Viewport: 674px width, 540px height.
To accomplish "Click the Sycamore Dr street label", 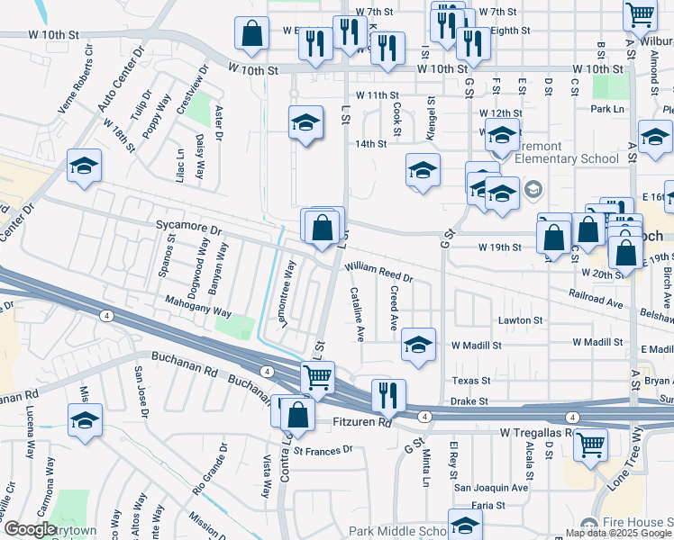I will [188, 229].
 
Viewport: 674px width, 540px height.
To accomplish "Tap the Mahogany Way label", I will [197, 307].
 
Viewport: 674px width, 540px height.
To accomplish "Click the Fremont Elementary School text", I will [568, 152].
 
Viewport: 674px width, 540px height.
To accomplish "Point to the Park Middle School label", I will [397, 531].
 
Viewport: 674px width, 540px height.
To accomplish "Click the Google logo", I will [31, 529].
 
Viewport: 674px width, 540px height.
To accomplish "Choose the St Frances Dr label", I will [322, 450].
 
